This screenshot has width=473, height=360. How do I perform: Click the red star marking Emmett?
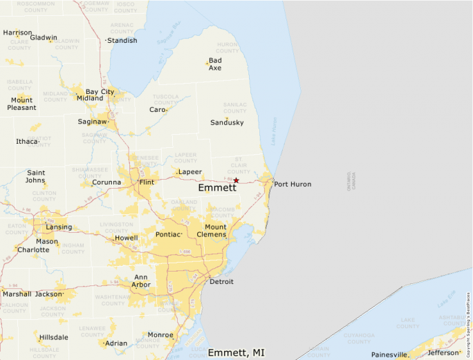pyautogui.click(x=236, y=180)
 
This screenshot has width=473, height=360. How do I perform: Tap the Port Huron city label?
pyautogui.click(x=293, y=184)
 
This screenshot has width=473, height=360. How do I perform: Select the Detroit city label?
pyautogui.click(x=221, y=282)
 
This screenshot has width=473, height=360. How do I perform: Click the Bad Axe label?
pyautogui.click(x=215, y=64)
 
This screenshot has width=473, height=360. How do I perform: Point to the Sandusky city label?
pyautogui.click(x=227, y=122)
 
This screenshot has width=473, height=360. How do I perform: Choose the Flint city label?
pyautogui.click(x=147, y=182)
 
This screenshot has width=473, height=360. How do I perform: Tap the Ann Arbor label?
pyautogui.click(x=141, y=281)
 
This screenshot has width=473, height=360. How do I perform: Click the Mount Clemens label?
pyautogui.click(x=215, y=231)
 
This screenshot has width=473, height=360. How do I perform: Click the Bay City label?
pyautogui.click(x=100, y=91)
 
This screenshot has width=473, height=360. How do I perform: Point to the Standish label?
pyautogui.click(x=122, y=41)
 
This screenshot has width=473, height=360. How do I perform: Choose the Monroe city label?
pyautogui.click(x=160, y=335)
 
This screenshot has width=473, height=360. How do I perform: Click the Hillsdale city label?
pyautogui.click(x=54, y=337)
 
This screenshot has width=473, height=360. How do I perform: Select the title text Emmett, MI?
pyautogui.click(x=236, y=352)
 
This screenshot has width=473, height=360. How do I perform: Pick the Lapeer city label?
pyautogui.click(x=189, y=172)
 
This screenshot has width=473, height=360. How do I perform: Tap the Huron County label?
pyautogui.click(x=227, y=48)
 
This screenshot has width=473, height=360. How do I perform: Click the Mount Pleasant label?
pyautogui.click(x=21, y=104)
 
